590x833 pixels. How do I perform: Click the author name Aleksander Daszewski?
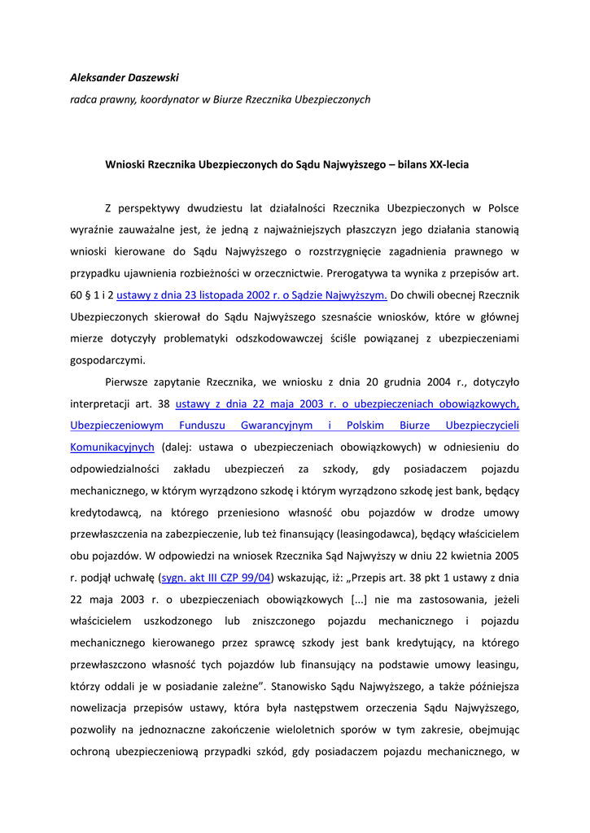tap(125, 77)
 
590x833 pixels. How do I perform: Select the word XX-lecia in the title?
tap(449, 164)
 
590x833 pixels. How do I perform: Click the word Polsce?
tap(501, 208)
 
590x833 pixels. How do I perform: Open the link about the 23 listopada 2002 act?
tap(251, 294)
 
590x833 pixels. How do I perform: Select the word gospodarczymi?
tap(107, 360)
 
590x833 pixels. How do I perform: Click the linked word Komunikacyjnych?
tap(112, 447)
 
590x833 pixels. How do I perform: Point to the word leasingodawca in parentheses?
tap(383, 534)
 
